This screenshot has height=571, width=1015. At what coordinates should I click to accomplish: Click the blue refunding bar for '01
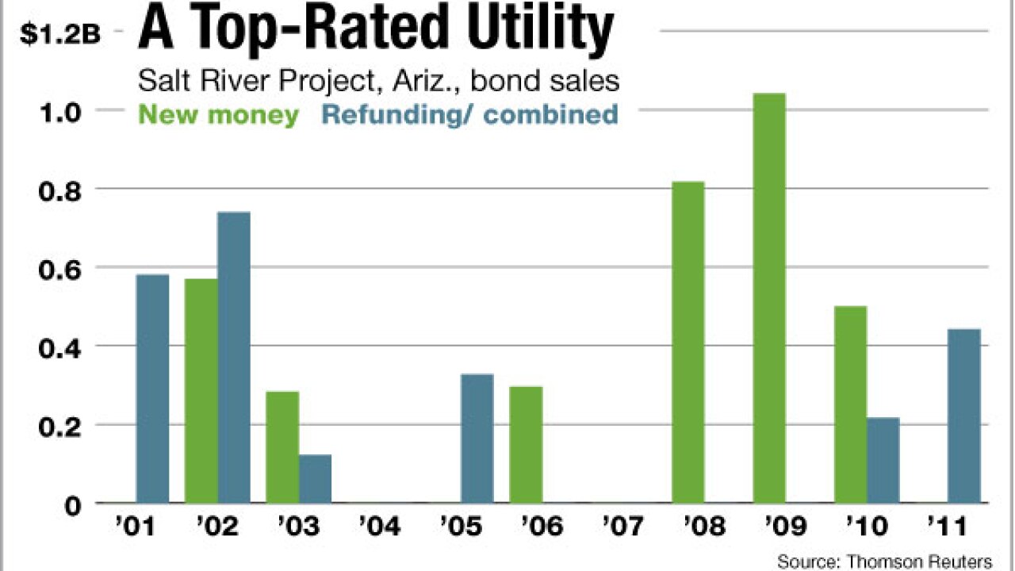click(152, 389)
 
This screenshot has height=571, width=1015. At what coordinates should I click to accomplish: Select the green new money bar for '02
click(201, 391)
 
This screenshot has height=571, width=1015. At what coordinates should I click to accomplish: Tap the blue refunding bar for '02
click(234, 358)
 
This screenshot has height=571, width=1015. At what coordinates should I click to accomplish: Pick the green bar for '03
click(282, 447)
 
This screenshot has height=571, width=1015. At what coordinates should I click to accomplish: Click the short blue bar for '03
click(315, 479)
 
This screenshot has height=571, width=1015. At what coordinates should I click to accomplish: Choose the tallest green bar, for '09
click(769, 298)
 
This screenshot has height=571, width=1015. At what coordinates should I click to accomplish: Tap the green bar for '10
click(850, 404)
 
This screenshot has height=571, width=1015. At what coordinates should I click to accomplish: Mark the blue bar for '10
click(883, 460)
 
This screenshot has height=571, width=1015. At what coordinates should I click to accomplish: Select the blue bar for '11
click(964, 416)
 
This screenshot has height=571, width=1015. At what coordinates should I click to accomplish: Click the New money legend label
click(218, 114)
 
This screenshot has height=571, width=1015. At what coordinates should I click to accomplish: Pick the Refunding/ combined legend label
click(470, 114)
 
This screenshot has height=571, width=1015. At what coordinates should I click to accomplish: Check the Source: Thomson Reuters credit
click(884, 561)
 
